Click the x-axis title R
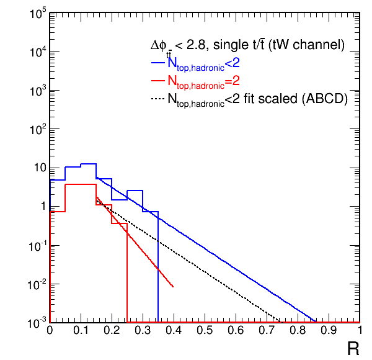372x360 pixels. pyautogui.click(x=353, y=349)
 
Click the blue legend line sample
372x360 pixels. pyautogui.click(x=159, y=63)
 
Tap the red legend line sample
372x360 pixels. pyautogui.click(x=159, y=81)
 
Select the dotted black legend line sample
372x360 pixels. pyautogui.click(x=159, y=99)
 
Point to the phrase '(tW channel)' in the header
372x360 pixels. pyautogui.click(x=310, y=45)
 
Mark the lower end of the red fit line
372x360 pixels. pyautogui.click(x=173, y=287)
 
